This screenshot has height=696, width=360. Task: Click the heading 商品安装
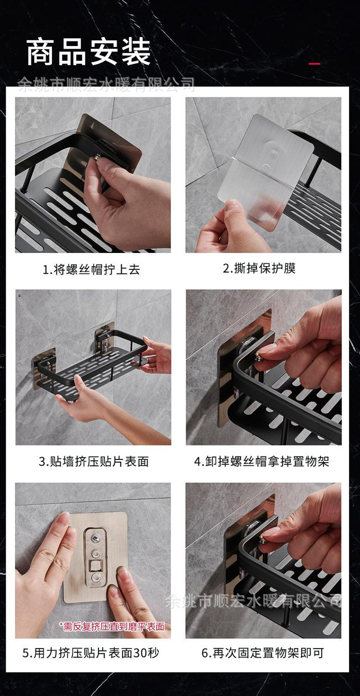[x=88, y=52]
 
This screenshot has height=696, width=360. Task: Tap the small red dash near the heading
[x=314, y=63]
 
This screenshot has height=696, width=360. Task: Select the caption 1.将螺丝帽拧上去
[x=91, y=269]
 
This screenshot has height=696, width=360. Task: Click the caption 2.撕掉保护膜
[x=259, y=268]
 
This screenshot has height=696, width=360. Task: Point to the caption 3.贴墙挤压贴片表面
[x=94, y=461]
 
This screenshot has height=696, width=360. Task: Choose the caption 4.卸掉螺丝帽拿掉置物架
[x=262, y=461]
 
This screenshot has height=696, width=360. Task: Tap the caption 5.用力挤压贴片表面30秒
[x=91, y=653]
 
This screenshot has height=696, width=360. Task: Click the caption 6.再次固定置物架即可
[x=263, y=653]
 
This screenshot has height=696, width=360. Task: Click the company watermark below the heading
[x=106, y=85]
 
